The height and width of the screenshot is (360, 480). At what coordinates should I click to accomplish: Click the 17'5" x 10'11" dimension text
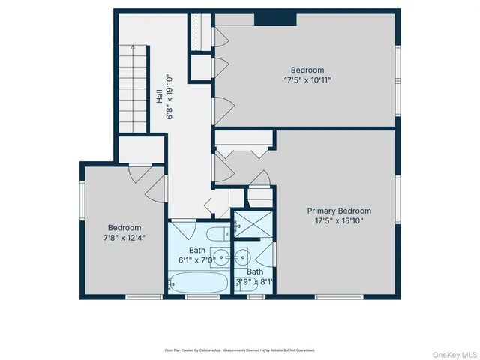307,79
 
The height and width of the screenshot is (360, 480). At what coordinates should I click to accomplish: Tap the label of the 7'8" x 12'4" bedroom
124,227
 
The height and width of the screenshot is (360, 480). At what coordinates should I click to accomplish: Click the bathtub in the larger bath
198,283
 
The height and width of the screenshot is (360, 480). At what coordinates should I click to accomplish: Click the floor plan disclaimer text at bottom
239,350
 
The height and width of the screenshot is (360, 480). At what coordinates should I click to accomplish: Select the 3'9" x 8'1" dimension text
255,283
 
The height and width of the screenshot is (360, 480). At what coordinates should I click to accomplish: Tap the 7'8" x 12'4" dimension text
124,238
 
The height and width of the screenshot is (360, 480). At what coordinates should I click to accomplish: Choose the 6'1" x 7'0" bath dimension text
196,260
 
